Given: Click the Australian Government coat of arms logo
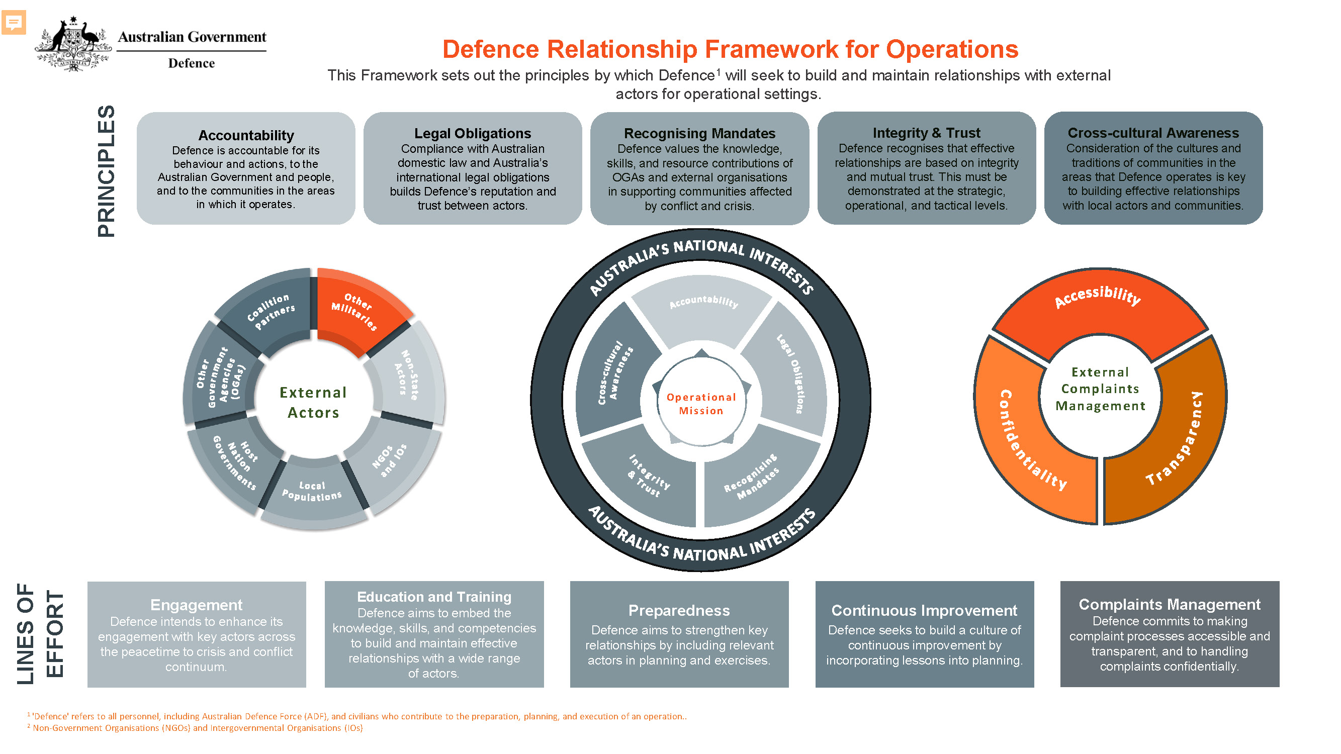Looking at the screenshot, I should (73, 44).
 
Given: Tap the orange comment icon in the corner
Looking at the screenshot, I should (14, 23).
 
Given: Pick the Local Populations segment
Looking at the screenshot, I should (312, 492).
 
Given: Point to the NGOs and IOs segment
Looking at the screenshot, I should (390, 461).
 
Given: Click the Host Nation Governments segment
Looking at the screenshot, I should (235, 462).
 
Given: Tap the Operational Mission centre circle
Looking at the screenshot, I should (701, 404).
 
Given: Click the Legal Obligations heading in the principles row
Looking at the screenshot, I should (473, 133).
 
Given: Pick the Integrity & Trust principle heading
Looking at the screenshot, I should (926, 133).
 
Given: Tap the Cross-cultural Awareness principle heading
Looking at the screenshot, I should (1153, 133).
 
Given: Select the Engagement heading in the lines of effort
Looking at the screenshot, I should (196, 605).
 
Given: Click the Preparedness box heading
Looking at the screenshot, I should (679, 610).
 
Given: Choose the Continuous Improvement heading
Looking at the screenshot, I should (924, 610).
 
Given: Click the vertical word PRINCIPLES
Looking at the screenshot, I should (106, 171).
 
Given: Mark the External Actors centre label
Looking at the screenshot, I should (313, 402).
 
